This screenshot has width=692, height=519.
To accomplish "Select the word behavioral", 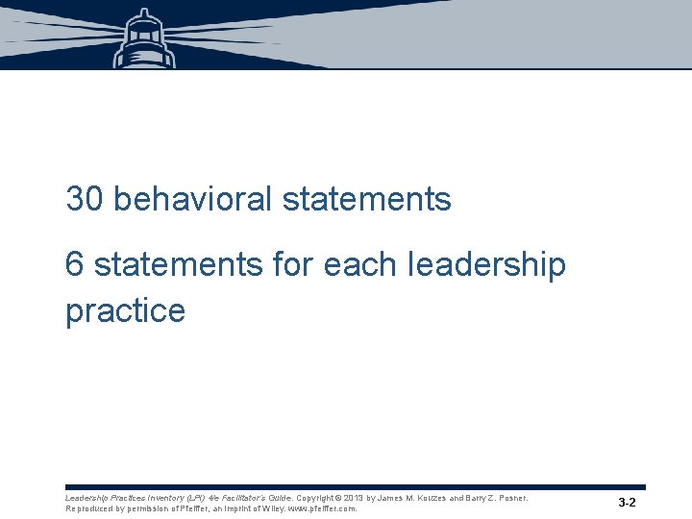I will [192, 199].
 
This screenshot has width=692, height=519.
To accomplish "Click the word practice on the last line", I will [125, 310].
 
